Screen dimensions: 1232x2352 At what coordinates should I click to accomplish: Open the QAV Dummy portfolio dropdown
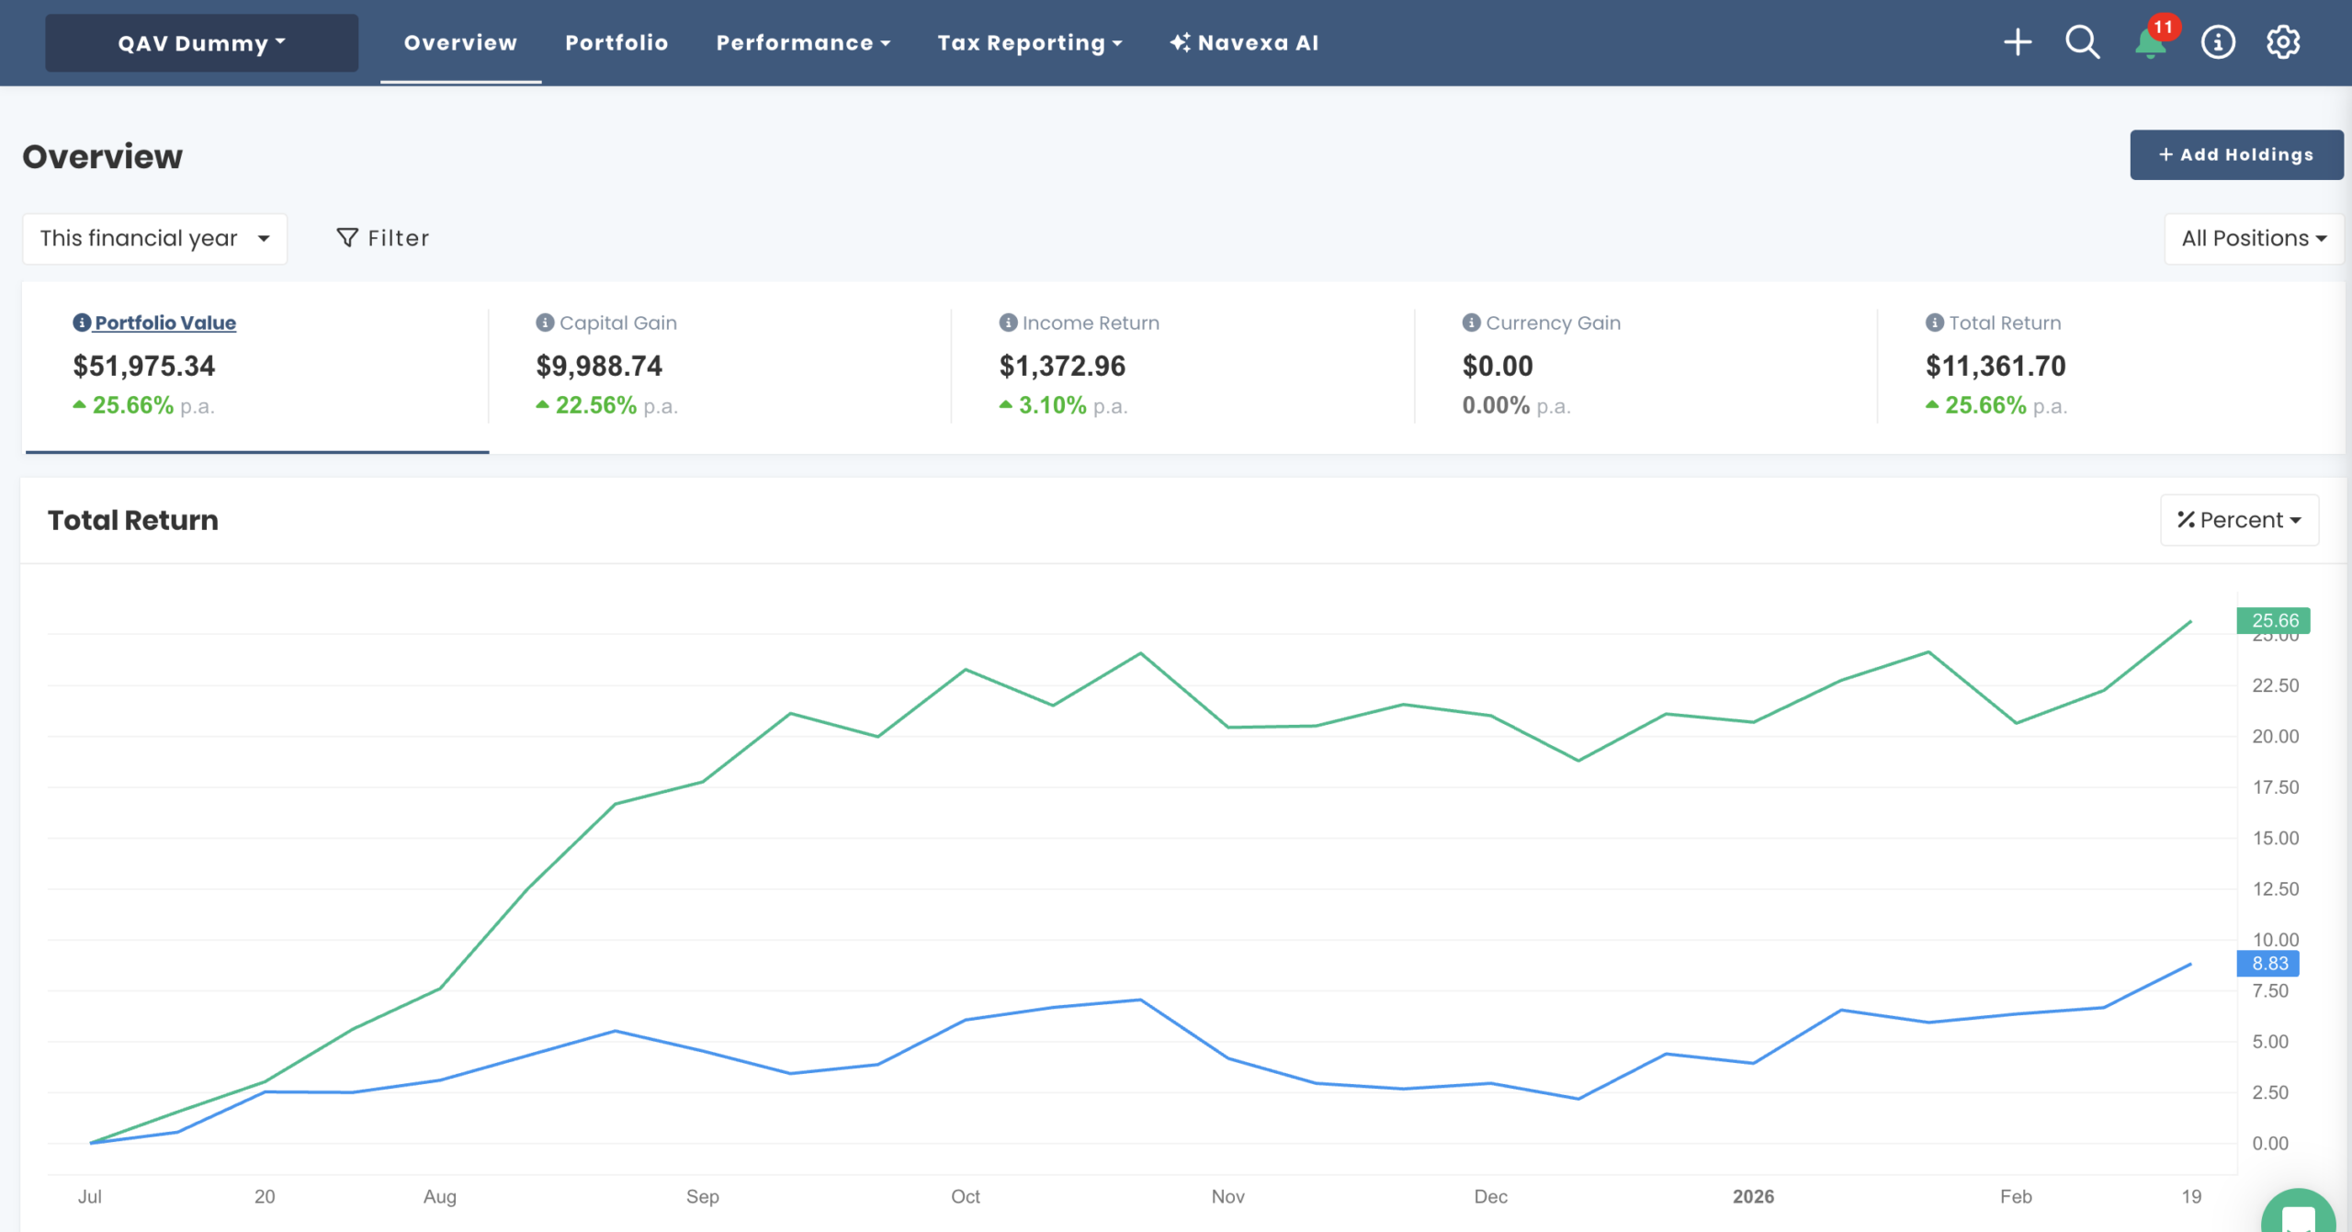(x=201, y=43)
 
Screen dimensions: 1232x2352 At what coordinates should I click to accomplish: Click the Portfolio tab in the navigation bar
(x=616, y=43)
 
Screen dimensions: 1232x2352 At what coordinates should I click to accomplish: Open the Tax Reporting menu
(x=1029, y=43)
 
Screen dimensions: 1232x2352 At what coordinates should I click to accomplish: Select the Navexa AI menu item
(x=1244, y=43)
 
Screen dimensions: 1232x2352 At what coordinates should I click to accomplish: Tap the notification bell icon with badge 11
(x=2150, y=42)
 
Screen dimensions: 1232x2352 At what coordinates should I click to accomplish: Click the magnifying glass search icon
(x=2082, y=42)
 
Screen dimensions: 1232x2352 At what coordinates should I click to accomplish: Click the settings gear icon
(x=2283, y=42)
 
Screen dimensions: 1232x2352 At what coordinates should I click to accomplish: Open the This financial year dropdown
(x=154, y=239)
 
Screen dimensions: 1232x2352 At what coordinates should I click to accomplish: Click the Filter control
(x=382, y=239)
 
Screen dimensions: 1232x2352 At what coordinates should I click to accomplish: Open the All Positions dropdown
(x=2253, y=239)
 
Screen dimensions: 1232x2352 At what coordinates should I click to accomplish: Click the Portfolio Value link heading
(x=165, y=322)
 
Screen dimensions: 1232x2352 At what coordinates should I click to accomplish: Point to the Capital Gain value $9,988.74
(x=599, y=367)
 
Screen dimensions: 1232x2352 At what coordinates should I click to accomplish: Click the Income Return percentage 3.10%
(x=1052, y=405)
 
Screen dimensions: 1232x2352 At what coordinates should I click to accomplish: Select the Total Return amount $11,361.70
(x=1996, y=367)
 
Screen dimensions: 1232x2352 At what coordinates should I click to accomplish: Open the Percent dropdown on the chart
(x=2239, y=520)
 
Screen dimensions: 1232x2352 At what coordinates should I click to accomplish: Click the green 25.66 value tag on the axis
(x=2273, y=620)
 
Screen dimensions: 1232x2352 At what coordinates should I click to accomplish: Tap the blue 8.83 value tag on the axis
(x=2268, y=963)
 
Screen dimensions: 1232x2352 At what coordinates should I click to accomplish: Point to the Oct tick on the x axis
(x=965, y=1196)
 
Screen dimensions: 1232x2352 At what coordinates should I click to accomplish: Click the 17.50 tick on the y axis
(x=2275, y=787)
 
